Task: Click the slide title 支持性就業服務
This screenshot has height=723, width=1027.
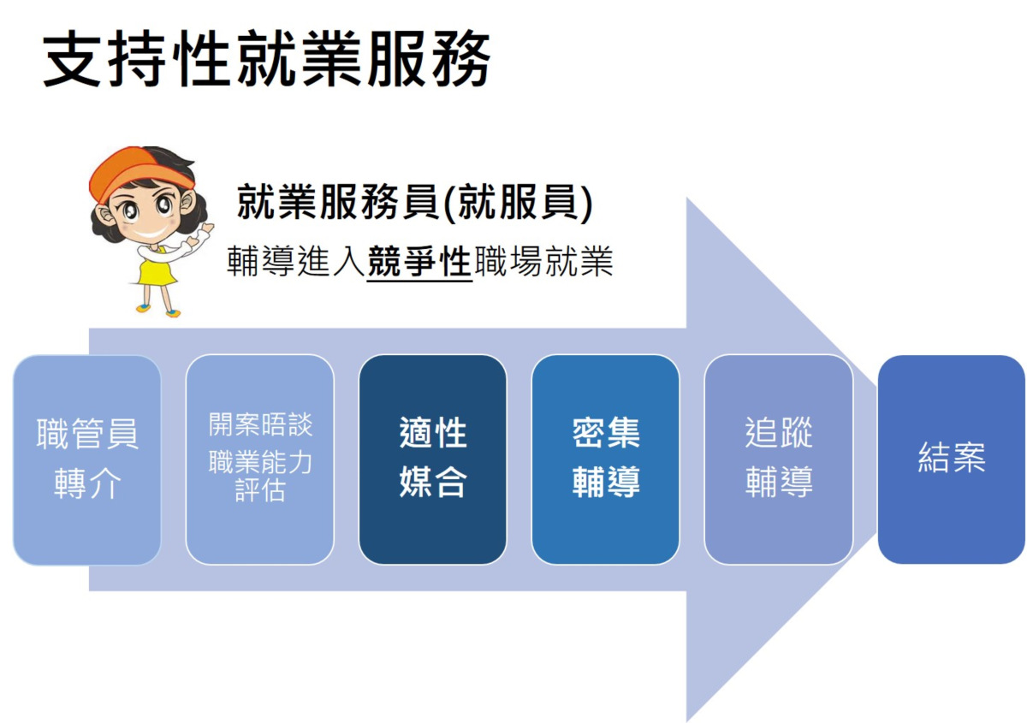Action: coord(266,58)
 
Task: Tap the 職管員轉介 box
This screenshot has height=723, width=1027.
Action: coord(87,459)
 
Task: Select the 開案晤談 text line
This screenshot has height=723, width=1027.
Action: coord(260,424)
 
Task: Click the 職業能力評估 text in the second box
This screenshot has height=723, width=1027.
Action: coord(260,476)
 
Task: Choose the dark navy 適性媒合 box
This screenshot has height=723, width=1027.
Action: coord(433,459)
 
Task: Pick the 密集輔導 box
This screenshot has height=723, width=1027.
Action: coord(606,459)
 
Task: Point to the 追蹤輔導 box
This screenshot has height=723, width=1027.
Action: coord(779,459)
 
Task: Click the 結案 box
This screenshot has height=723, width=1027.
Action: coord(952,459)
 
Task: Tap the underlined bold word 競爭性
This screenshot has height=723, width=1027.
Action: coord(419,261)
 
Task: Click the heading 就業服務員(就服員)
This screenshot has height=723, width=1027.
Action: coord(415,203)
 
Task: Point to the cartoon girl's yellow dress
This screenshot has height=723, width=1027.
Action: coord(157,268)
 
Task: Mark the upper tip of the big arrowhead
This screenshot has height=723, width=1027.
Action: coord(686,198)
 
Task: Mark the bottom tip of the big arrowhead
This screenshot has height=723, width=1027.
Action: coord(686,721)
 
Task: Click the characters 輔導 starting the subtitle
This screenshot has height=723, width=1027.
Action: coord(261,261)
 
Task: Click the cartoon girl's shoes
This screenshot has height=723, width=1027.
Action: coord(158,310)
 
